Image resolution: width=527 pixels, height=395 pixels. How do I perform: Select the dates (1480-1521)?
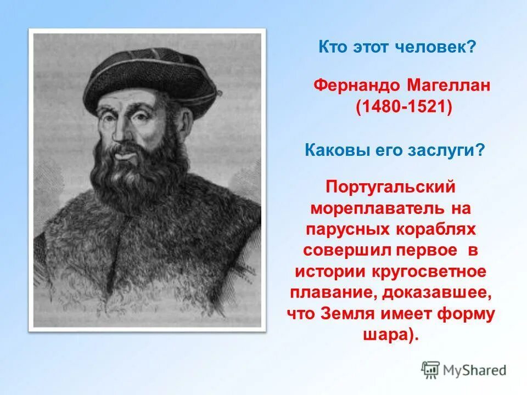[403, 106]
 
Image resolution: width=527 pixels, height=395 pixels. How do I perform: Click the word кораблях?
[434, 229]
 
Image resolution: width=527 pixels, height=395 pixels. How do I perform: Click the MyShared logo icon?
[431, 370]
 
